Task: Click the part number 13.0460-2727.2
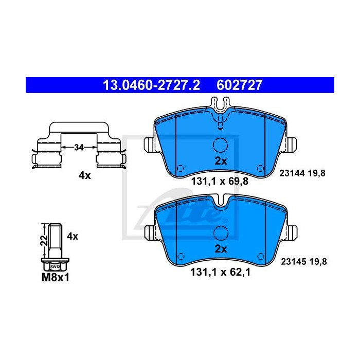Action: pos(152,85)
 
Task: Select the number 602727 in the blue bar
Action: pos(239,85)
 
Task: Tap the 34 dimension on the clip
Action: pos(79,148)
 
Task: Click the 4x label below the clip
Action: pos(84,176)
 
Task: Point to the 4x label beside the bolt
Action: pos(73,236)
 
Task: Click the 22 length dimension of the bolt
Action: pos(44,240)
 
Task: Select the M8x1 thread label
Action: pos(55,278)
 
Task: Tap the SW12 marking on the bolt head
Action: pos(55,266)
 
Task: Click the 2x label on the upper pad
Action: pos(221,161)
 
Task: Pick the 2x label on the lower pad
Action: pos(221,249)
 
